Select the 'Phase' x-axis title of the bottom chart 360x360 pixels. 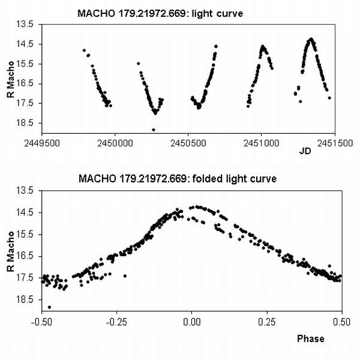[x=311, y=338]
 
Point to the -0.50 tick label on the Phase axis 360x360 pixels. [x=41, y=322]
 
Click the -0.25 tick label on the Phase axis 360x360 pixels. [x=116, y=322]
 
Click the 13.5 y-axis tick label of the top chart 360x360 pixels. [x=28, y=25]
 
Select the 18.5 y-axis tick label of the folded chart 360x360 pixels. [x=28, y=299]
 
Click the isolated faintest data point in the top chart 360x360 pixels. [x=154, y=130]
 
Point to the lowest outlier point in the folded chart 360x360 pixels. [x=49, y=307]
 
